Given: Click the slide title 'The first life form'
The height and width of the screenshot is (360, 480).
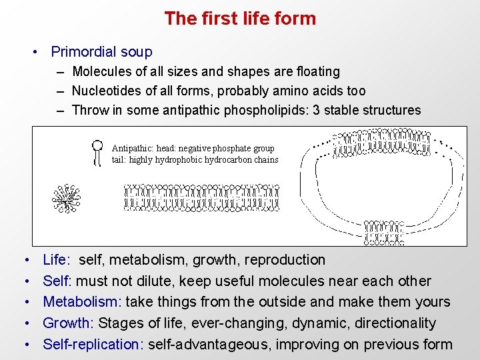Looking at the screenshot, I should tap(240, 19).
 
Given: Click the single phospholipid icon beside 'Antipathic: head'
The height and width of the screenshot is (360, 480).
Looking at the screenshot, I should tap(98, 152).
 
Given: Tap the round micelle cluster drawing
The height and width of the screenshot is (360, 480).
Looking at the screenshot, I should tap(67, 197).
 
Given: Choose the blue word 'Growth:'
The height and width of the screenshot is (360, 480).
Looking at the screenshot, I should tap(69, 323).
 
